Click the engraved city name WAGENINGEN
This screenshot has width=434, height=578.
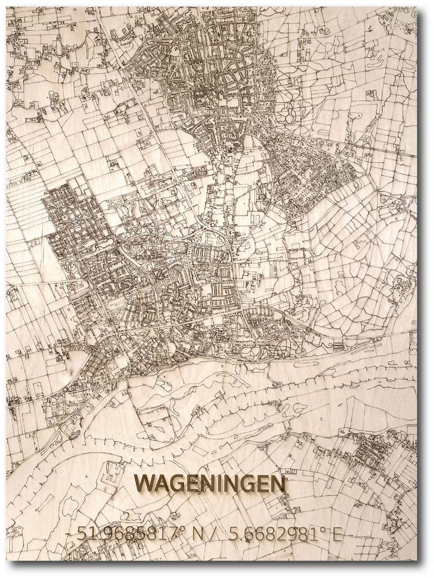[210, 483]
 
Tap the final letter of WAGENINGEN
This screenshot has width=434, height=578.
[277, 483]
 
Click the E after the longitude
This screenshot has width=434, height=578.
[336, 534]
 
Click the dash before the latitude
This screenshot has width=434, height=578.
[68, 535]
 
